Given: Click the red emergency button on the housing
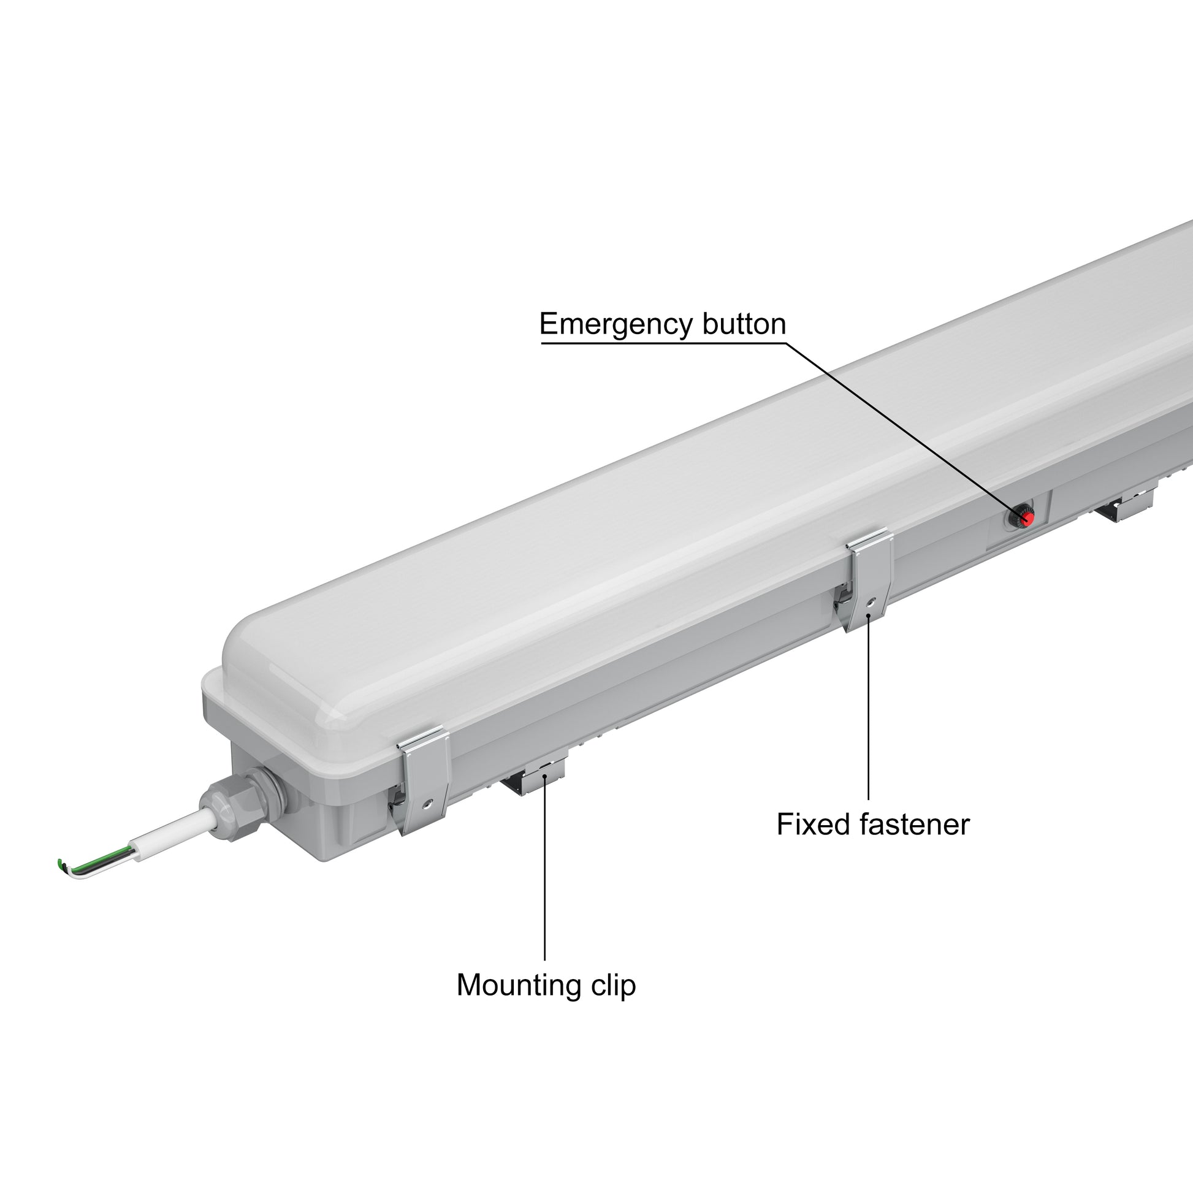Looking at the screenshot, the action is click(1026, 518).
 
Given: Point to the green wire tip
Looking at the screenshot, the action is click(60, 863).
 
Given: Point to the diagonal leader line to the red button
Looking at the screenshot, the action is click(905, 429).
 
